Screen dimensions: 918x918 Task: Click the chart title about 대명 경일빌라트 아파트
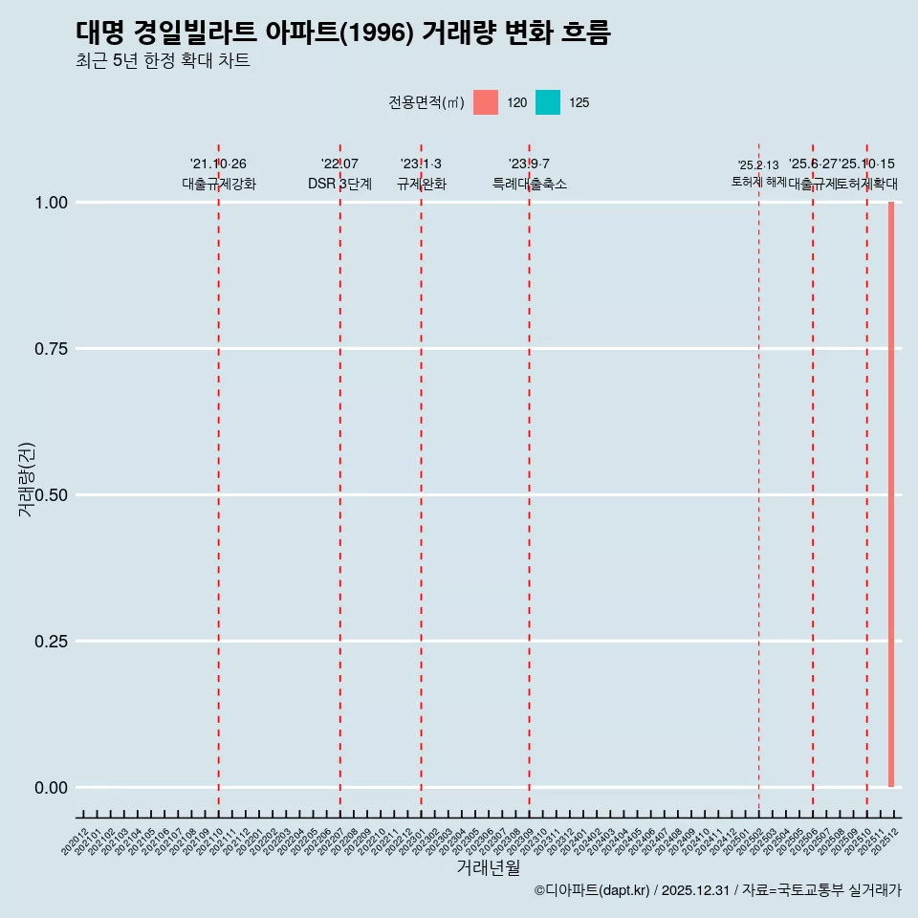click(x=342, y=33)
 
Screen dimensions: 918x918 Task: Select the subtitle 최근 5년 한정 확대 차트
click(x=163, y=61)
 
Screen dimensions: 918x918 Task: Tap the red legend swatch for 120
click(x=486, y=102)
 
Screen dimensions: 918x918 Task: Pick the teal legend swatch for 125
click(x=548, y=102)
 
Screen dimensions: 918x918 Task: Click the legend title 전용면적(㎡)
click(x=426, y=103)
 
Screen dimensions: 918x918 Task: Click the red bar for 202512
click(x=891, y=494)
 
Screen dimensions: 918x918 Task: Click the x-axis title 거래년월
click(x=488, y=868)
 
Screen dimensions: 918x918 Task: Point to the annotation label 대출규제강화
click(x=219, y=184)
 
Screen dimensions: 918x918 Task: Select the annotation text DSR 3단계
click(x=339, y=184)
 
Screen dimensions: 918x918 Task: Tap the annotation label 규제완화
click(x=422, y=184)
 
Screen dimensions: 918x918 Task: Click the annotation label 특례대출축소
click(x=530, y=184)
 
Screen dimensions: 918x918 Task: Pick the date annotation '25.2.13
click(x=758, y=165)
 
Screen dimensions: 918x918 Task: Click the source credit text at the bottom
click(x=717, y=890)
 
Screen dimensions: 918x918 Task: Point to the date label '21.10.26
click(x=218, y=164)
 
